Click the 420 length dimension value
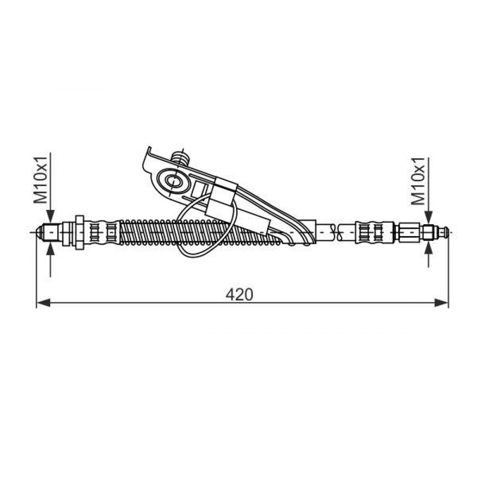tap(239, 294)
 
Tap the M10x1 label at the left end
tap(41, 180)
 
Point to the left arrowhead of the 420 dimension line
tap(43, 303)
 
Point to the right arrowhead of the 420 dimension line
tap(441, 303)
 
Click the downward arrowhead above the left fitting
tap(51, 217)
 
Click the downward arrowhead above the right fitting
tap(428, 218)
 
